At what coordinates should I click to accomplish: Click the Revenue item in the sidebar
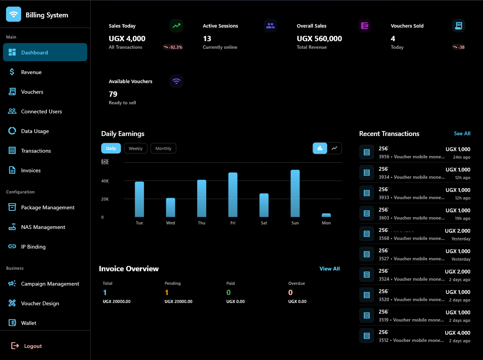31,72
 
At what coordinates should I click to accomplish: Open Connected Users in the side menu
41,111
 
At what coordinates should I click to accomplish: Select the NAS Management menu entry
43,227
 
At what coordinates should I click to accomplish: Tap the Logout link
32,346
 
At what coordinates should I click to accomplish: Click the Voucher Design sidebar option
40,303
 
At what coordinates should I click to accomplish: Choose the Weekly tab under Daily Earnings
136,148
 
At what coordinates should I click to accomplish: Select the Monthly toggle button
163,148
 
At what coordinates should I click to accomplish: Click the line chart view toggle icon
335,148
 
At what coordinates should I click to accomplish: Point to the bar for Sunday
295,193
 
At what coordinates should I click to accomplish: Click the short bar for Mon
326,215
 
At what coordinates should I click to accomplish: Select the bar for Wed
171,207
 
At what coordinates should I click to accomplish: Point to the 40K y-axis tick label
105,181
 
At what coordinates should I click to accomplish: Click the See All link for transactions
462,133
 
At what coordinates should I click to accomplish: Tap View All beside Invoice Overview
329,269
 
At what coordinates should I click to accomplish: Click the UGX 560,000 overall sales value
319,39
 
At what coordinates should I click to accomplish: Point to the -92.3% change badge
173,47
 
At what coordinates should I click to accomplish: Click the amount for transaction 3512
457,333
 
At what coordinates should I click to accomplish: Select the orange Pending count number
167,292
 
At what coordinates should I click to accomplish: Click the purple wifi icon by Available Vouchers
176,81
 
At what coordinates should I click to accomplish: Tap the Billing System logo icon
14,15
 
